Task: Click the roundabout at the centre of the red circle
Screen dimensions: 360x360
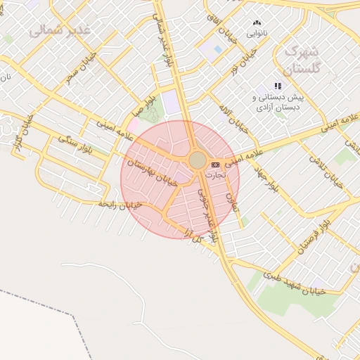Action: pyautogui.click(x=198, y=161)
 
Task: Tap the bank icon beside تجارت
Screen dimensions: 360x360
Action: pyautogui.click(x=214, y=165)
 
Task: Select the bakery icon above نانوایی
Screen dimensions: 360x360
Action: pyautogui.click(x=256, y=22)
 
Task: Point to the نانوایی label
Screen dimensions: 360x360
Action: pyautogui.click(x=256, y=33)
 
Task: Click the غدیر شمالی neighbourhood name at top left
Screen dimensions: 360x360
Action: pyautogui.click(x=60, y=30)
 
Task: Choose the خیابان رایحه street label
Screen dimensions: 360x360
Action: pyautogui.click(x=120, y=205)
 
